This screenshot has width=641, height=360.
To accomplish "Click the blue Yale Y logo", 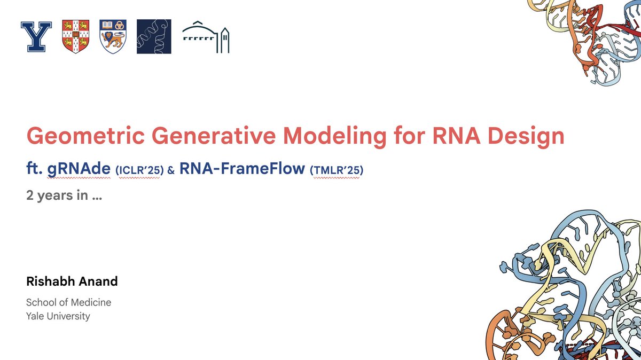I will pos(36,37).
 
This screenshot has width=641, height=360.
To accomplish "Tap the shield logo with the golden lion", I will pos(113,37).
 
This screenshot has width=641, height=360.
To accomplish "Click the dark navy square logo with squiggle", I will pos(154,37).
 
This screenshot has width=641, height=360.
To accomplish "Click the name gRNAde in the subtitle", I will pos(79,169).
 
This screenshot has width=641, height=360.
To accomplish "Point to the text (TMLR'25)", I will pos(337,170).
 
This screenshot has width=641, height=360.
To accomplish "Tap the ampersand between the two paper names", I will pos(171,171).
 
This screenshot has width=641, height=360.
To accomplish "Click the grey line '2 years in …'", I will pos(64,195).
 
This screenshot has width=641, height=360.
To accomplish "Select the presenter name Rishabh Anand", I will pos(72,281).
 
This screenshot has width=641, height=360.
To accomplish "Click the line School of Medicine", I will pos(68,302).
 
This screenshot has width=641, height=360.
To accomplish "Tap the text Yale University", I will pos(58,316).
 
